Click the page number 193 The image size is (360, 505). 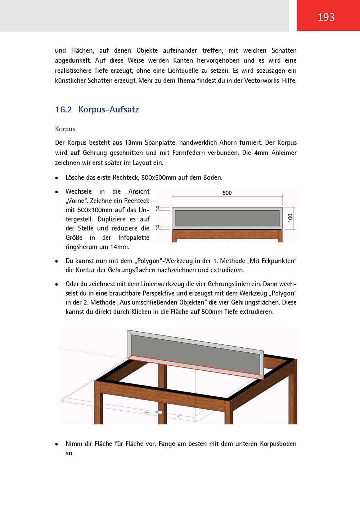coord(326,17)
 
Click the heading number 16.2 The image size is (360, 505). coord(63,109)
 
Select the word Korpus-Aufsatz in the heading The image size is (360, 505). coord(109,109)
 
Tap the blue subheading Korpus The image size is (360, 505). coord(65,129)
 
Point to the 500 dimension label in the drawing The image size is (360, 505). coord(227,193)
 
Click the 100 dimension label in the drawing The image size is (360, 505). coord(290,218)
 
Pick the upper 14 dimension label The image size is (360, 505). coord(158,208)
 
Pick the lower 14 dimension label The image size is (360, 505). coord(158,227)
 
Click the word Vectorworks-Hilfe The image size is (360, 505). coord(270,81)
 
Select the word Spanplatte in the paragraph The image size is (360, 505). coord(161,143)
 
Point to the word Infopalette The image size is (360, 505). coord(134,238)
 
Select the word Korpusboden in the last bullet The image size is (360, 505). coord(278,444)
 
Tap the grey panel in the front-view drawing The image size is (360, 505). coord(227,218)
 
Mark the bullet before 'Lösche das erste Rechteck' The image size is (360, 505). coord(57,178)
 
